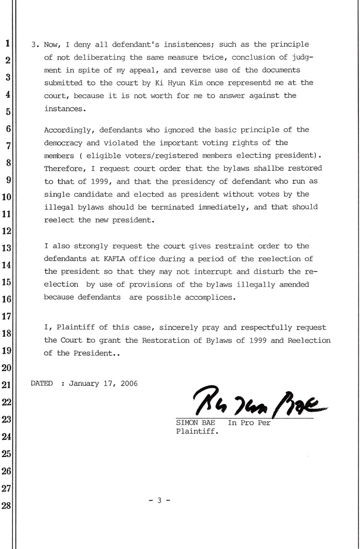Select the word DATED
(x=42, y=383)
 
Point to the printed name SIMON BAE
(x=196, y=423)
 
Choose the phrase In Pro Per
(x=249, y=423)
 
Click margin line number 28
(x=7, y=505)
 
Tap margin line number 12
(x=7, y=231)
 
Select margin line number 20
(x=7, y=368)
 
